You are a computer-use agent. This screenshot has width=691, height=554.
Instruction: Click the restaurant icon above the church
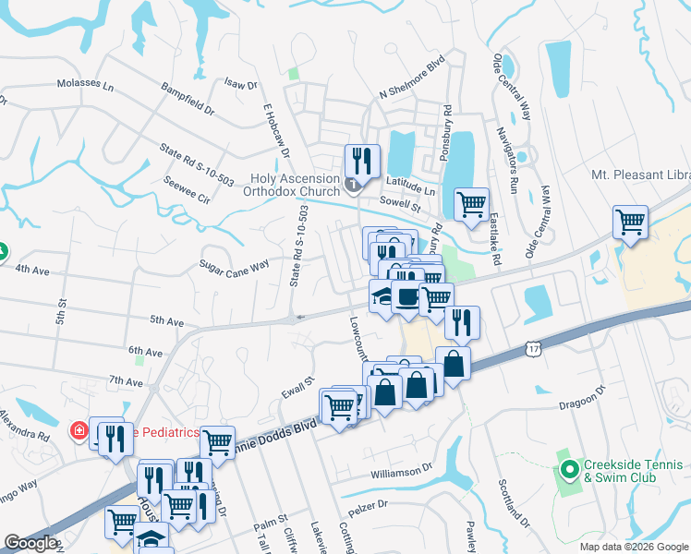[361, 161]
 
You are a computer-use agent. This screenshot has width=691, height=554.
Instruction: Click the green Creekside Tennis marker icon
[566, 469]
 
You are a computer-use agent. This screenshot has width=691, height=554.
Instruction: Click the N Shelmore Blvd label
[412, 90]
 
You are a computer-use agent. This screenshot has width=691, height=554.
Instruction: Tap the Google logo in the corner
[30, 543]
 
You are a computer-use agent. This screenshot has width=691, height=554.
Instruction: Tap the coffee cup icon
[406, 296]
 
